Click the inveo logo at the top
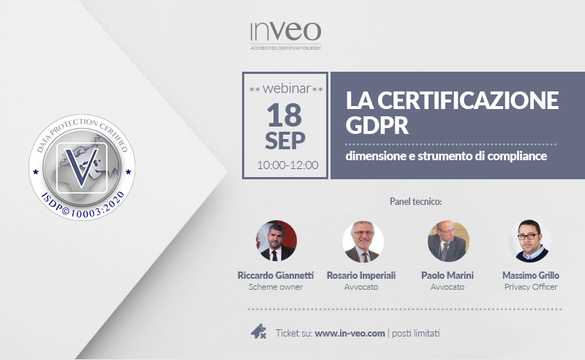click(285, 35)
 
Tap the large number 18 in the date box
click(284, 116)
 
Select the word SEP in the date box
click(285, 140)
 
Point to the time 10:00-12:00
click(287, 165)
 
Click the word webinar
click(287, 89)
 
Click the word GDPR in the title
click(377, 125)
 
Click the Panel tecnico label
click(415, 202)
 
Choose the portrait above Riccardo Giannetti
click(276, 241)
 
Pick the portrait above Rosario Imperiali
click(363, 241)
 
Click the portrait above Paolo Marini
click(448, 241)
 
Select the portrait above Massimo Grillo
click(529, 241)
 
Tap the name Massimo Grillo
click(531, 275)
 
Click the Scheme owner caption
click(276, 287)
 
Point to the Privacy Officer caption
click(531, 287)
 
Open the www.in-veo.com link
click(350, 333)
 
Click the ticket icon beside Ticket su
click(259, 331)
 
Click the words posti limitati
click(415, 333)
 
